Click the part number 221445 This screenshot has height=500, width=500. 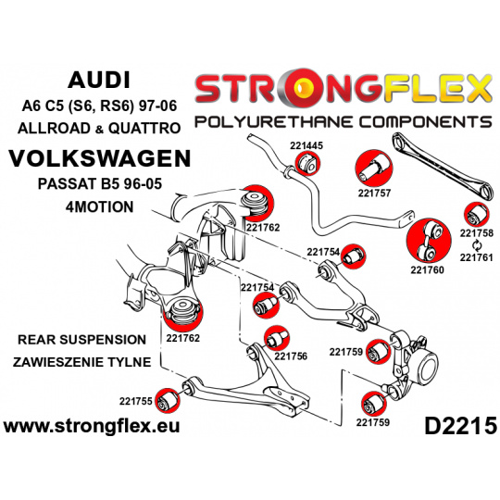point(306,145)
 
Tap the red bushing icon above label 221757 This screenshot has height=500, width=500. point(374,169)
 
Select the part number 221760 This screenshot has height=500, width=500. point(427,269)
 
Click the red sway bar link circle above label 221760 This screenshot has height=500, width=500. point(429,242)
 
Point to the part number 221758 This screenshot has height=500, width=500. point(477,233)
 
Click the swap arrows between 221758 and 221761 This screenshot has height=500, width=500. point(477,245)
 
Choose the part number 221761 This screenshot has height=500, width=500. point(477,257)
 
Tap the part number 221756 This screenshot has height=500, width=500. point(291,356)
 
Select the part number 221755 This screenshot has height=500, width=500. point(136,401)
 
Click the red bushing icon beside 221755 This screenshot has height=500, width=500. point(168,401)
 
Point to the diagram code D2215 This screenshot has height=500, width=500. point(460,426)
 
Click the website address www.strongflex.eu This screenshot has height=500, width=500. point(92,426)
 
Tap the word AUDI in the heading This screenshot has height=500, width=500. point(99,80)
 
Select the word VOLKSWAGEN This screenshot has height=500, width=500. point(100,158)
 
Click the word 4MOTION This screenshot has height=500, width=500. point(99,207)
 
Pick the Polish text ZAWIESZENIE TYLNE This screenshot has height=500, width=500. point(82,362)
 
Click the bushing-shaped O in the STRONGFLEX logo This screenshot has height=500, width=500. point(301,88)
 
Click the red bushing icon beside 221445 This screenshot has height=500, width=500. point(307,163)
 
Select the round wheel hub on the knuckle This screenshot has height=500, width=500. point(427,365)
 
